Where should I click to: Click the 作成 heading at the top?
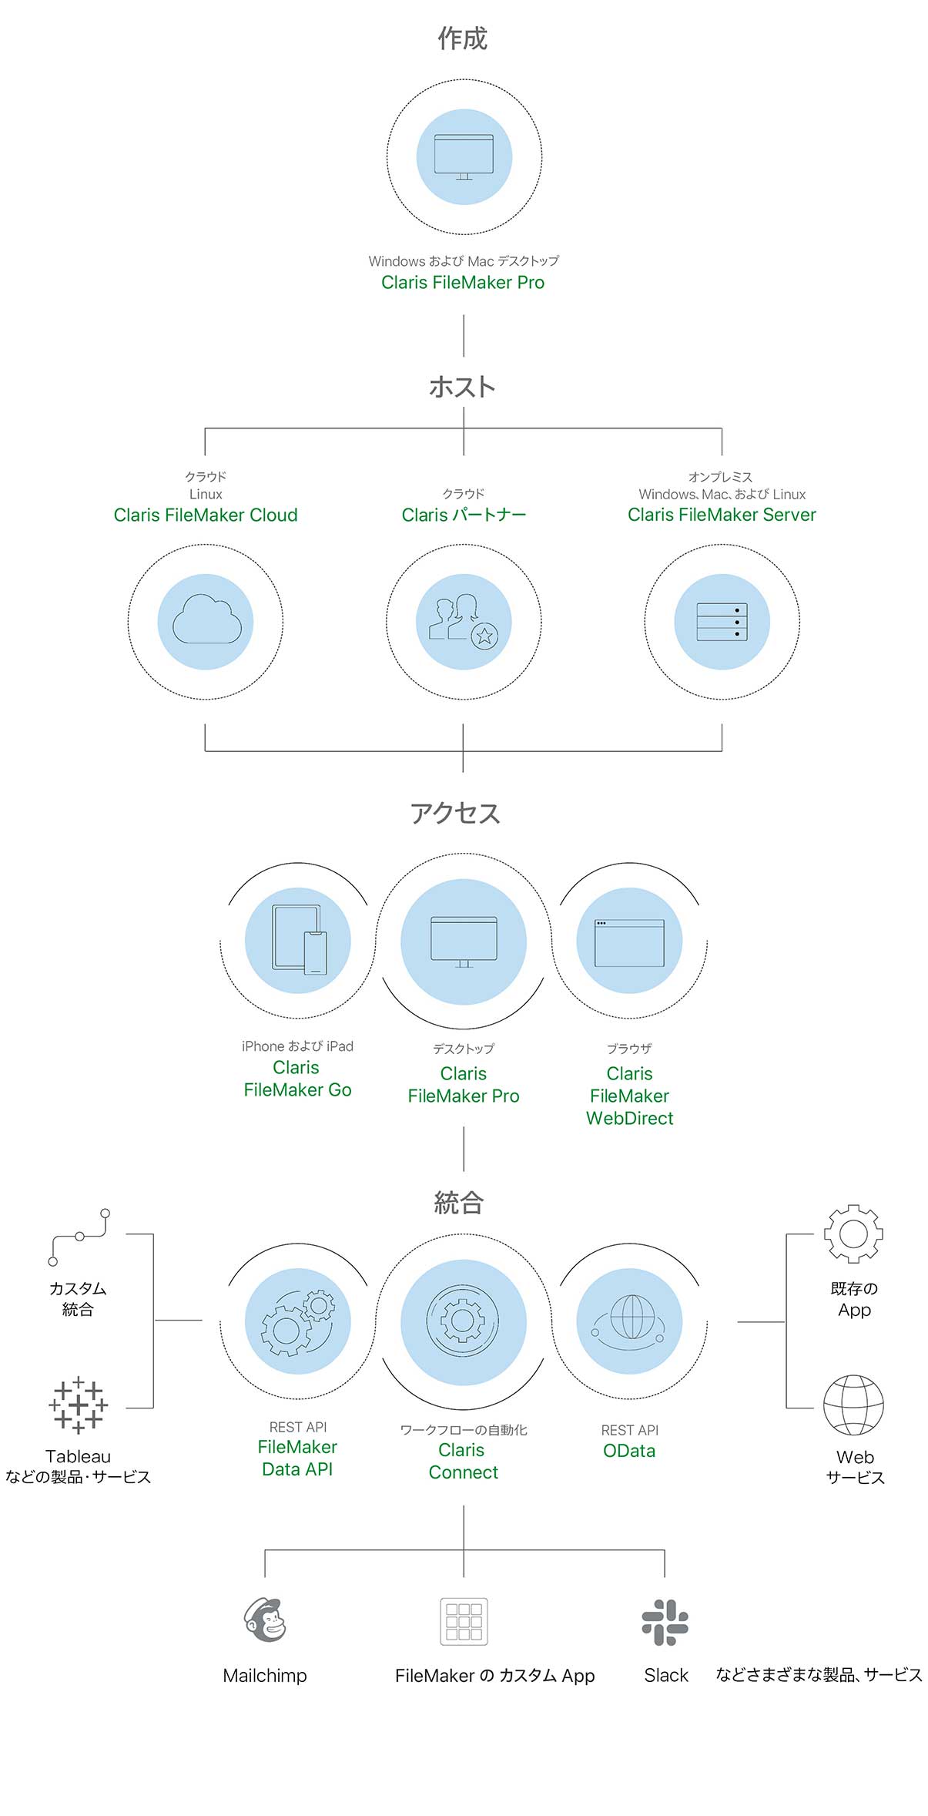(x=463, y=39)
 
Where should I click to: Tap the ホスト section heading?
(x=462, y=386)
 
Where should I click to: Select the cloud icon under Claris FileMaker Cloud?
(x=206, y=620)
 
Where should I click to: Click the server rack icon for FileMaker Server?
(x=722, y=621)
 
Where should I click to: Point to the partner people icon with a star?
(x=464, y=621)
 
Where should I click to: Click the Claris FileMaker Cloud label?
(x=206, y=515)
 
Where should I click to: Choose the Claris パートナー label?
(x=464, y=515)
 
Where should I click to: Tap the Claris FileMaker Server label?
(x=722, y=515)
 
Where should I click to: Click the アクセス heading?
(x=455, y=813)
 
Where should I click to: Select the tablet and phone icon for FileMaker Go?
(x=298, y=940)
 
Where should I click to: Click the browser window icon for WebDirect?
(x=629, y=942)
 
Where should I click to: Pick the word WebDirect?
(x=629, y=1118)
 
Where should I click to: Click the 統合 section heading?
(x=459, y=1203)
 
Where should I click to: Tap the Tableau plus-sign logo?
(x=78, y=1405)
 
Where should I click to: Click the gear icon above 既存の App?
(x=853, y=1234)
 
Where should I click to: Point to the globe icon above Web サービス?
(x=853, y=1405)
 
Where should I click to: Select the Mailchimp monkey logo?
(x=265, y=1620)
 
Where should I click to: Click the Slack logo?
(x=665, y=1621)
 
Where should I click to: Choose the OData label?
(x=629, y=1451)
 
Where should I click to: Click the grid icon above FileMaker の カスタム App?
(x=464, y=1621)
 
